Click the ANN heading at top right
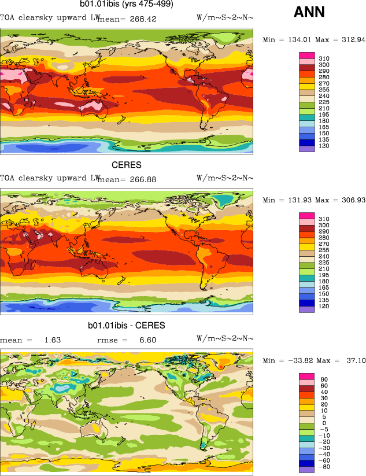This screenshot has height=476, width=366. click(x=309, y=11)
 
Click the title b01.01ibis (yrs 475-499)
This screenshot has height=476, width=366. click(x=127, y=5)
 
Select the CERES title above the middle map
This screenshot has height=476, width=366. click(x=127, y=165)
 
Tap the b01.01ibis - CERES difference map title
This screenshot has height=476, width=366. click(x=127, y=326)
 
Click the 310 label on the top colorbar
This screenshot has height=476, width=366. click(x=324, y=58)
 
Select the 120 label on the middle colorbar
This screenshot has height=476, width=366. click(x=324, y=306)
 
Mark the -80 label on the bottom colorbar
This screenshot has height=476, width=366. click(x=324, y=466)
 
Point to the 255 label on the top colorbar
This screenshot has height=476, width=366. click(x=324, y=90)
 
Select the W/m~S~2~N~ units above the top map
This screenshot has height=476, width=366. click(x=225, y=17)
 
